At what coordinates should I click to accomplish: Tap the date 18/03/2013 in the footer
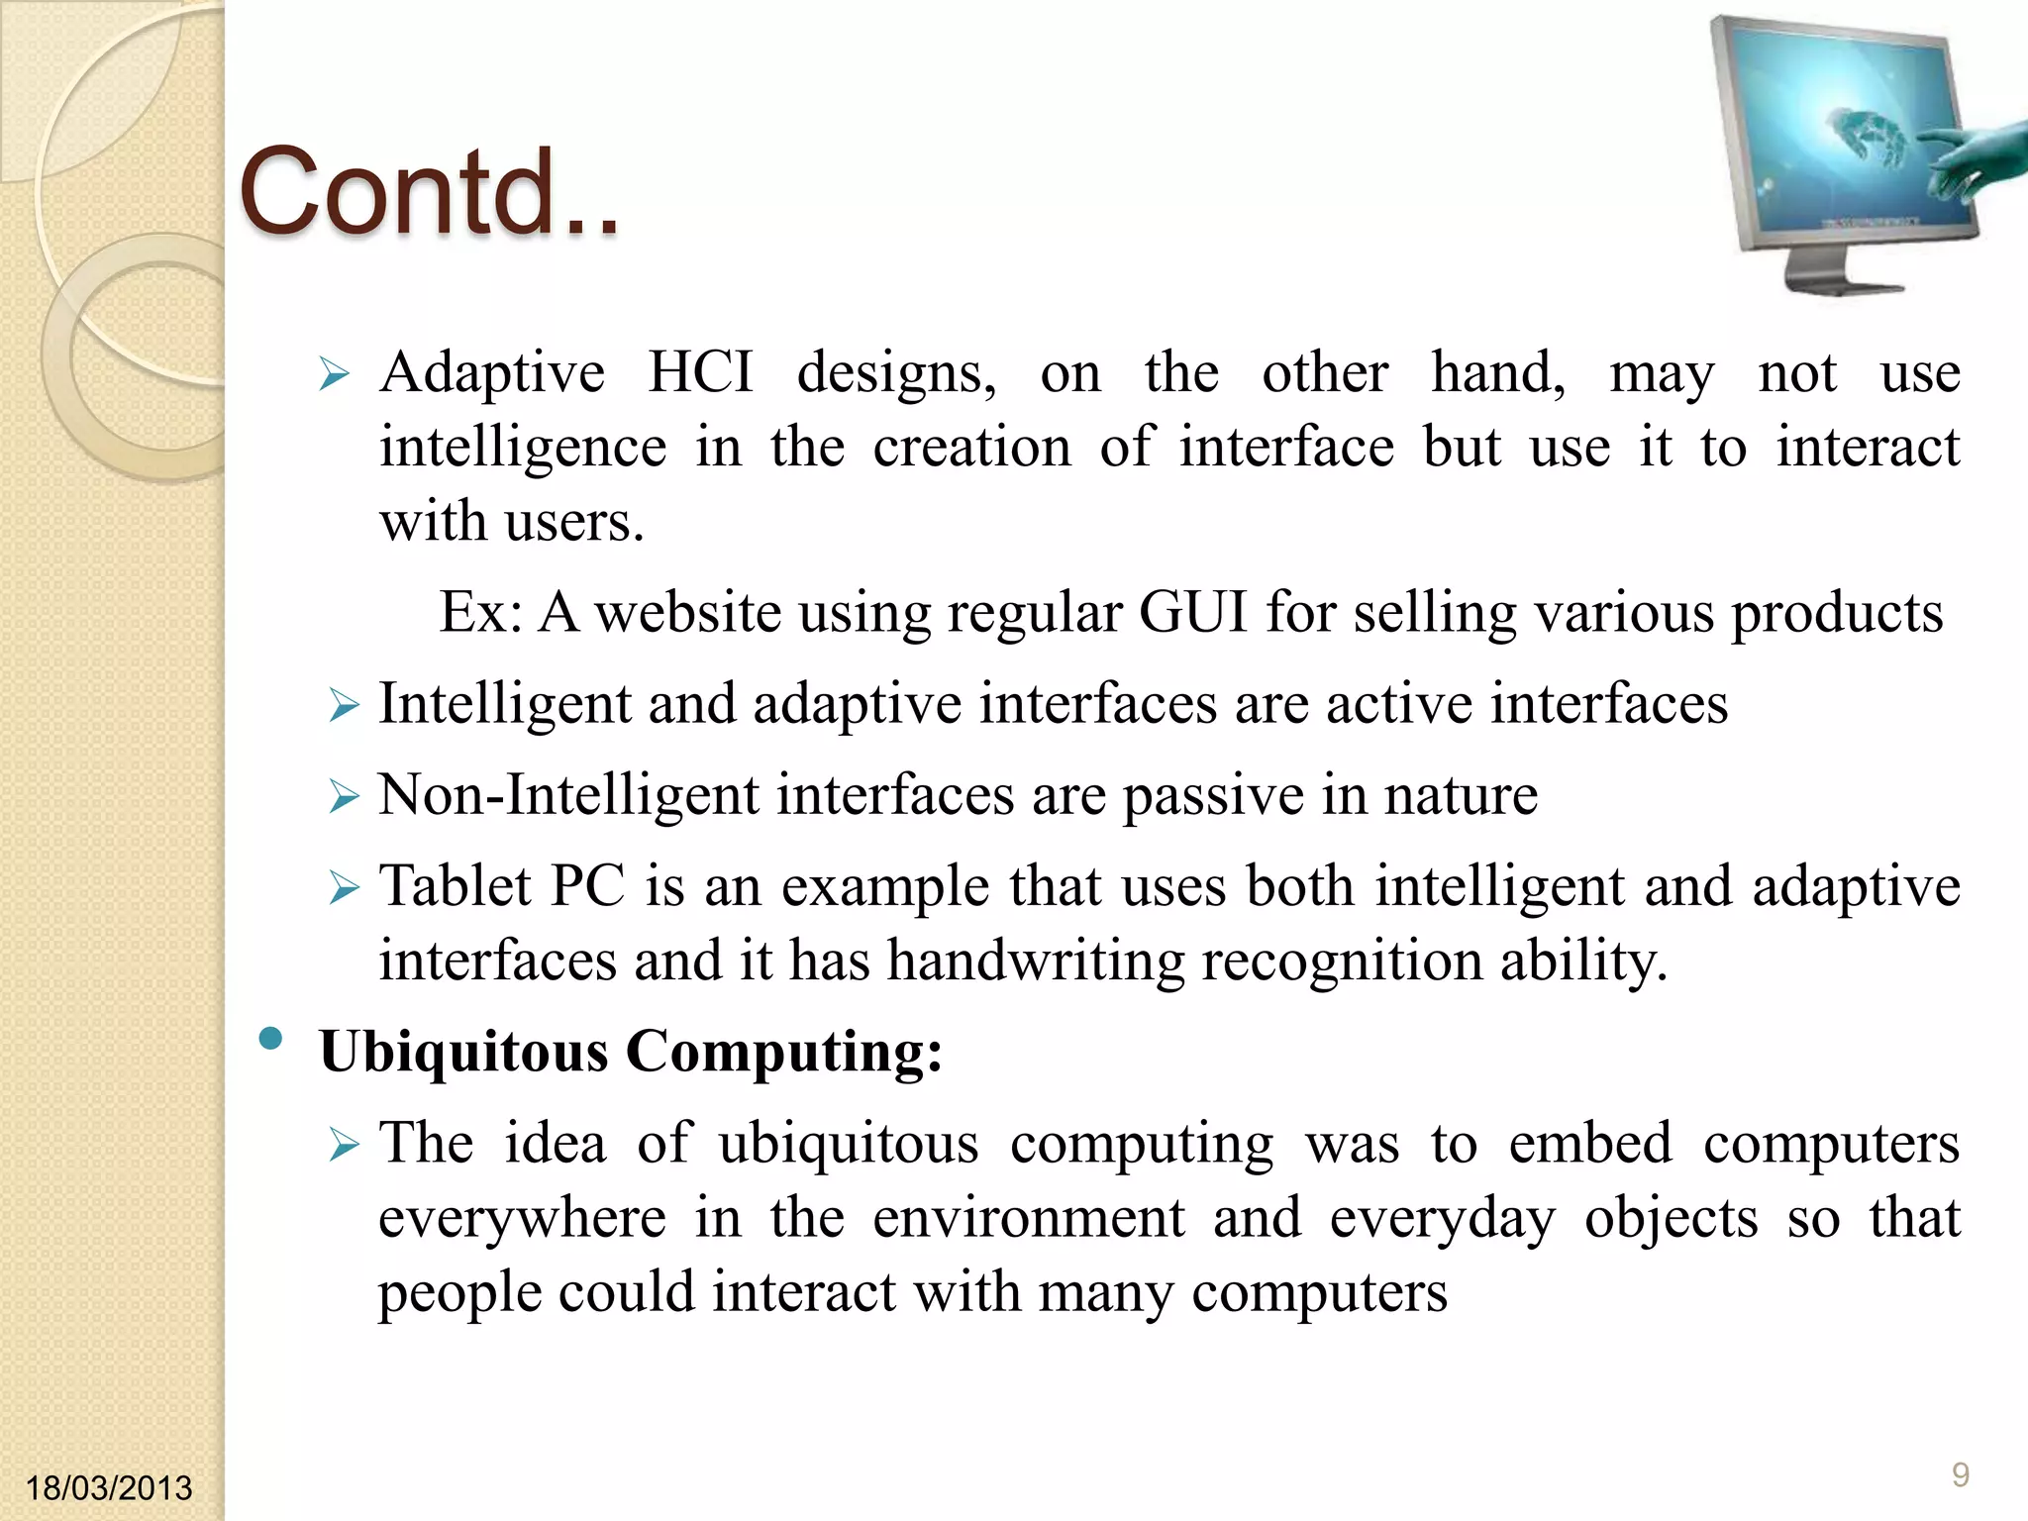click(108, 1487)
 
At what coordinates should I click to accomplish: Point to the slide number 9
click(1960, 1474)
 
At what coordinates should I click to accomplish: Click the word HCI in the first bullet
click(700, 373)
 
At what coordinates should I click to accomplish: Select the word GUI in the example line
click(1192, 612)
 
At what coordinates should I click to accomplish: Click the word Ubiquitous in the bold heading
click(463, 1051)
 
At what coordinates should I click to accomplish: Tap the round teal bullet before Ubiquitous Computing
click(270, 1039)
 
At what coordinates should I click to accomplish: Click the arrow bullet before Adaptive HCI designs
click(335, 375)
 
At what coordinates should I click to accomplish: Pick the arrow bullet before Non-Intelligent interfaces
click(344, 796)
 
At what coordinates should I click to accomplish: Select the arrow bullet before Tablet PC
click(344, 887)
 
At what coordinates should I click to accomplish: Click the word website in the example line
click(688, 612)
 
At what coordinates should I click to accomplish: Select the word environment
click(1029, 1218)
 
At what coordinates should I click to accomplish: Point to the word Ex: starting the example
click(480, 612)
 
